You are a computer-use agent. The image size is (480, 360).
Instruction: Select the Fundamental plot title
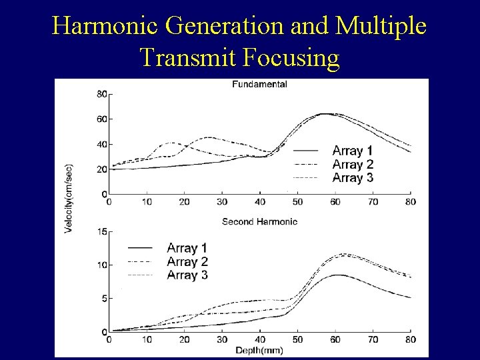pos(259,85)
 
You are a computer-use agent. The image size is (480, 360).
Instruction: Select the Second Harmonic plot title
pos(259,221)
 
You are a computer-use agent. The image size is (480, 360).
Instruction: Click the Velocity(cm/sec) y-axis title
pos(69,199)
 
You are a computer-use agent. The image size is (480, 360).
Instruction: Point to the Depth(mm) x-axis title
pos(259,349)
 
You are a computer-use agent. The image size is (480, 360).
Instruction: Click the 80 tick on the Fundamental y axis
pos(102,94)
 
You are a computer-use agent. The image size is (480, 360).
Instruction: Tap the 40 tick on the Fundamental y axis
pos(102,145)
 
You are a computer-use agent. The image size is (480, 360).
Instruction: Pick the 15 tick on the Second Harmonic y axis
pos(102,232)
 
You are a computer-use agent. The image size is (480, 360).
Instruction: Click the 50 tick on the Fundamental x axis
pos(297,202)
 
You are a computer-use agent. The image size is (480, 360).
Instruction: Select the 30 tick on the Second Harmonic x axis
pos(222,339)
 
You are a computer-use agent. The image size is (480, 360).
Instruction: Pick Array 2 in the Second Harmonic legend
pos(187,261)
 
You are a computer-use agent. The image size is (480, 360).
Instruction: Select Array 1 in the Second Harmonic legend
pos(187,248)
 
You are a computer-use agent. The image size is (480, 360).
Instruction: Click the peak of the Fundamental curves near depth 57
pos(325,114)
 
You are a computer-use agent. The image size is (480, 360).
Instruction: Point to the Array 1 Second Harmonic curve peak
pos(339,275)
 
